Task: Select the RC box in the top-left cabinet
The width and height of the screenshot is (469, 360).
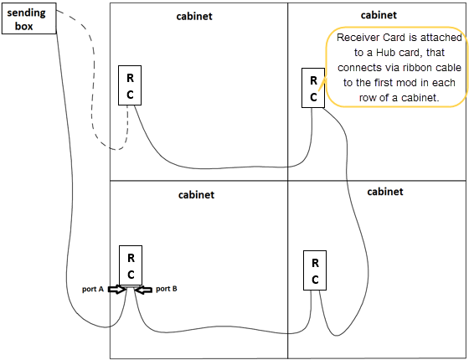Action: click(130, 85)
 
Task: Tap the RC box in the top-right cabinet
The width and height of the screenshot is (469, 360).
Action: click(313, 88)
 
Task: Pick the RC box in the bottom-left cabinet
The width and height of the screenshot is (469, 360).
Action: click(131, 265)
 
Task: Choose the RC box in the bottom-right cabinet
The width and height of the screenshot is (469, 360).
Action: click(315, 270)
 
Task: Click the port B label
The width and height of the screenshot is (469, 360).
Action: click(166, 289)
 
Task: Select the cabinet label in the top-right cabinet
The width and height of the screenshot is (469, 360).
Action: click(379, 14)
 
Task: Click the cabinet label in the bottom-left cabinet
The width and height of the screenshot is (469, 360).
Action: click(197, 194)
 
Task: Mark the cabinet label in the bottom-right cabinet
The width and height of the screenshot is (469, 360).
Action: click(385, 192)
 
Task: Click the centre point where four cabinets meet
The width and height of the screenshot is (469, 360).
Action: click(287, 181)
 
